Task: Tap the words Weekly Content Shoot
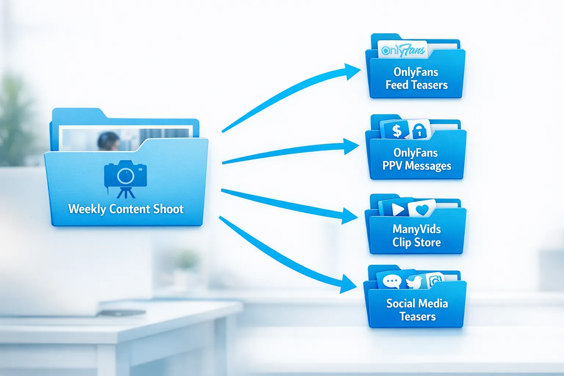[x=126, y=209]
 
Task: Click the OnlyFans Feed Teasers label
[x=416, y=78]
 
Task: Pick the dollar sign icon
[x=397, y=131]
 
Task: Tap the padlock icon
[x=419, y=131]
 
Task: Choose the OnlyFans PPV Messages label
[x=416, y=159]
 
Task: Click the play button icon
[x=397, y=209]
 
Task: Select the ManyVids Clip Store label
[x=416, y=235]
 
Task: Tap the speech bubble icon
[x=391, y=282]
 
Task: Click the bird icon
[x=414, y=282]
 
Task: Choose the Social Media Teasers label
[x=417, y=310]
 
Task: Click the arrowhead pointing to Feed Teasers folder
[x=351, y=71]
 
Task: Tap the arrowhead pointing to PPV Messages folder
[x=350, y=147]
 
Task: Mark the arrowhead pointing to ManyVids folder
[x=349, y=216]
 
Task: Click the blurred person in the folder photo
[x=108, y=141]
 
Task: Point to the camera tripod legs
[x=126, y=193]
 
